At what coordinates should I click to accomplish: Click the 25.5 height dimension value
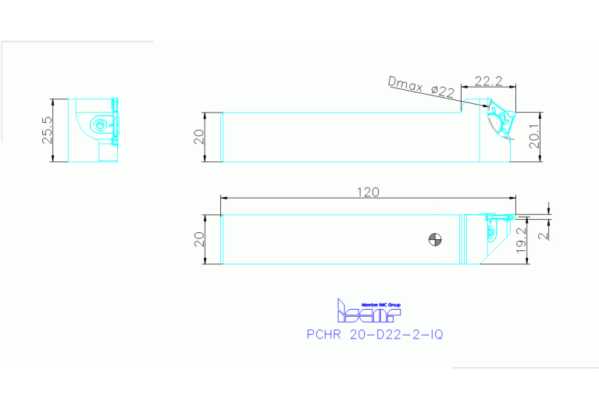point(47,131)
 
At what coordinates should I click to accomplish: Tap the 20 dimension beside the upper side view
point(200,138)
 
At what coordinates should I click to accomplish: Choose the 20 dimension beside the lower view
point(200,240)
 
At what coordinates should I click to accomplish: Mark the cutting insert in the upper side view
point(497,118)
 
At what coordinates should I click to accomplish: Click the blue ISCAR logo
point(367,313)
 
